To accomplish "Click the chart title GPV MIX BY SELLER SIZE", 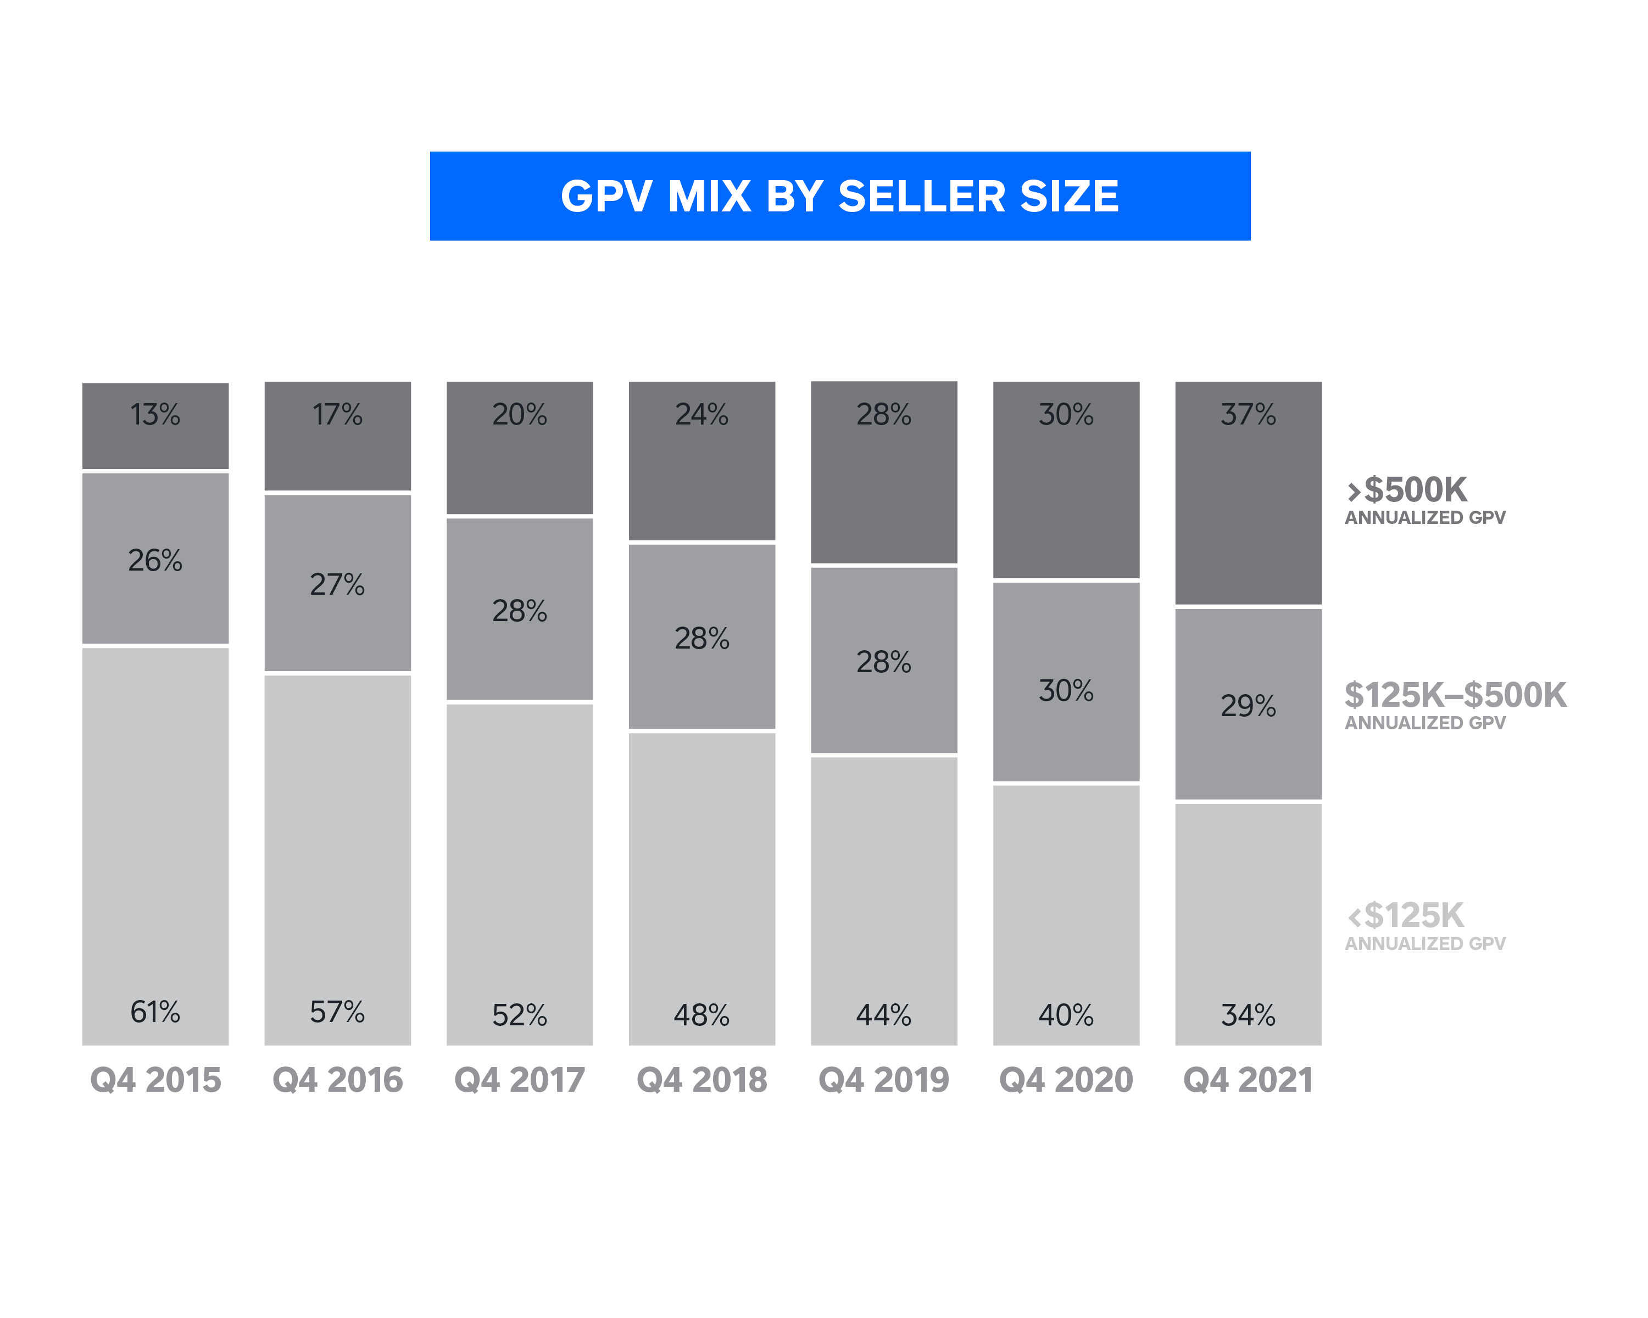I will [839, 197].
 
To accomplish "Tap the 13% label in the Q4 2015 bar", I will [155, 414].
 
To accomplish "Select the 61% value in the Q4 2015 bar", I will [155, 1012].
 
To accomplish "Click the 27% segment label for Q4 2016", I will [337, 584].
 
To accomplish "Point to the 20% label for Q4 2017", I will [519, 414].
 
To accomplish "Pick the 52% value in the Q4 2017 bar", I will [519, 1015].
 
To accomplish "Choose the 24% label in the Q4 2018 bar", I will [701, 414].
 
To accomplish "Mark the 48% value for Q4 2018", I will [701, 1015].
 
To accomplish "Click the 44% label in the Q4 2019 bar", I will [884, 1015].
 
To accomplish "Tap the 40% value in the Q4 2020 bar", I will [1066, 1015].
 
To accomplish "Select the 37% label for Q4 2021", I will [1248, 414].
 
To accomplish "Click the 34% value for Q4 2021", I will [1248, 1015].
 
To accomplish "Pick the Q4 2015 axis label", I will [155, 1080].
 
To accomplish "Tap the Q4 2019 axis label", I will [884, 1080].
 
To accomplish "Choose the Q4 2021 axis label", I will [1248, 1080].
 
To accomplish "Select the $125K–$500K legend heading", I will [1455, 695].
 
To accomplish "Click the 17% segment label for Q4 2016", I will [337, 414].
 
